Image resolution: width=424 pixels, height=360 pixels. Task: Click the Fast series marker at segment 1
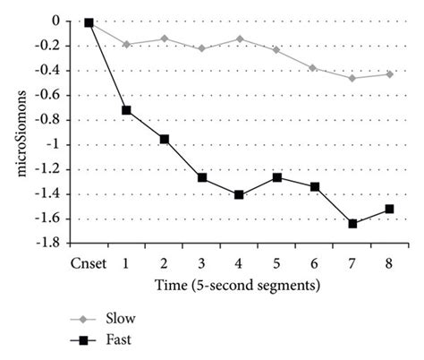click(x=126, y=110)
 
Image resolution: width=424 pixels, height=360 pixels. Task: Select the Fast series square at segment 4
click(x=239, y=194)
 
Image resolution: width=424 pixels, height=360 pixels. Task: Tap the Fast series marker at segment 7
click(x=352, y=223)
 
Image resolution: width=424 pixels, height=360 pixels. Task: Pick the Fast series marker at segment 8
click(x=390, y=209)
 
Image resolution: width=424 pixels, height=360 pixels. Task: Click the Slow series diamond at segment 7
click(x=352, y=78)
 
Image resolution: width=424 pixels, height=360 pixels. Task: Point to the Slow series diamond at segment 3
click(x=201, y=48)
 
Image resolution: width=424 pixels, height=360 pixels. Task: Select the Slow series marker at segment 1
click(x=126, y=44)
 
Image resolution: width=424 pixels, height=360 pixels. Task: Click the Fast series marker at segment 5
click(x=277, y=177)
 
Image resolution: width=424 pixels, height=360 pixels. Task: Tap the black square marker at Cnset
click(x=89, y=22)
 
